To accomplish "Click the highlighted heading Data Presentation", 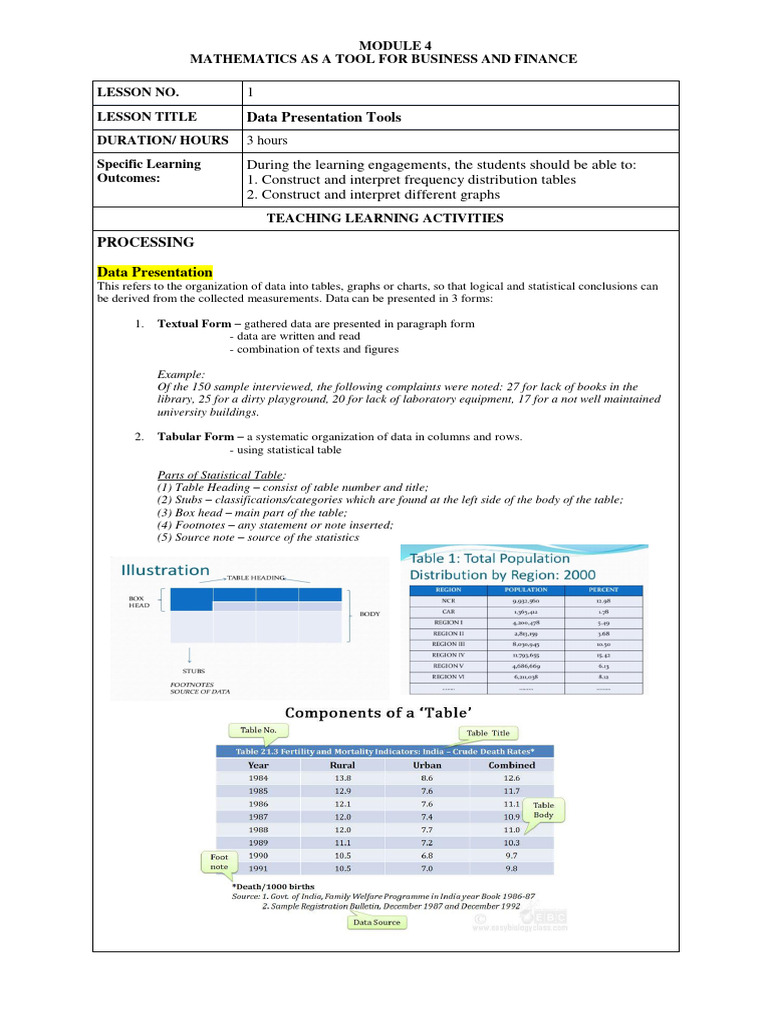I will pos(155,272).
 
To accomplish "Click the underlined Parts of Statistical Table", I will pos(222,474).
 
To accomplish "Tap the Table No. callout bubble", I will pos(251,731).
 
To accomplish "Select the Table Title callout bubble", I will pos(488,733).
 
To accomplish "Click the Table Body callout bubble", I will pos(543,810).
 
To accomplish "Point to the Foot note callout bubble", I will pos(219,862).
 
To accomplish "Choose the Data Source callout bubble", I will pos(376,922).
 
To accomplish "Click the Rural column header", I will pos(342,765).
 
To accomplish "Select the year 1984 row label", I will pos(258,777).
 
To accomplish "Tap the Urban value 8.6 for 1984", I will pos(427,777).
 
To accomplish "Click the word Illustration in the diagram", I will pos(166,570).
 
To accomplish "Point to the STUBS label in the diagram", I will pos(194,670).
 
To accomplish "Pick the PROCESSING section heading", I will pos(146,243).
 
